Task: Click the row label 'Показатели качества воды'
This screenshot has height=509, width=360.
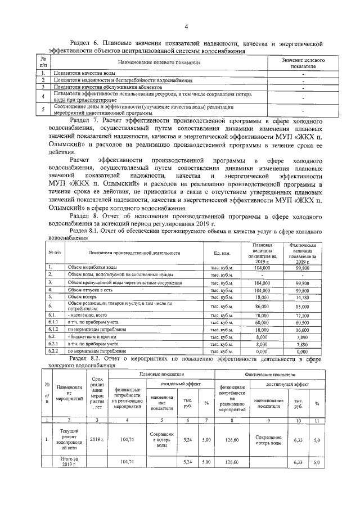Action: pos(85,74)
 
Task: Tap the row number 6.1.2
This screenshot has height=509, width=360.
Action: pos(53,331)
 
